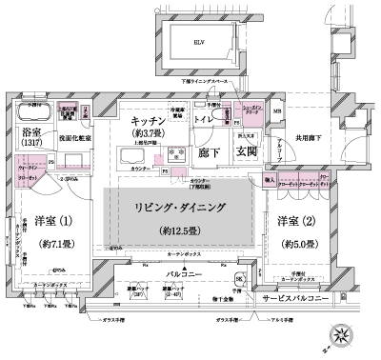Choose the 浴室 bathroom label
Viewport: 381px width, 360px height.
coord(34,133)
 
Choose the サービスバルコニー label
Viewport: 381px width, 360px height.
coord(307,298)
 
